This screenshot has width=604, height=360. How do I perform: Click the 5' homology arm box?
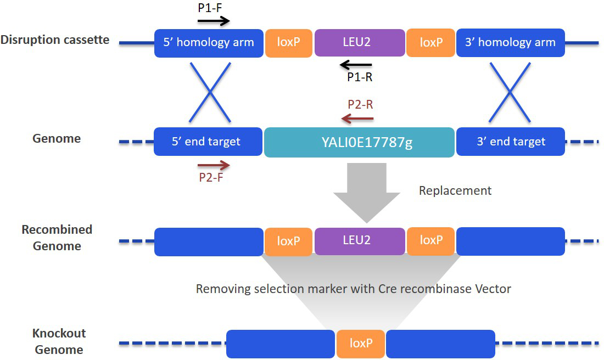209,43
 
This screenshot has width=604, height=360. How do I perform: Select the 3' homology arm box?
510,43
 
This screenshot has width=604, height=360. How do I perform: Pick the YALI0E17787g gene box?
359,143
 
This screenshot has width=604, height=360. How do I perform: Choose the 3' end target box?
510,142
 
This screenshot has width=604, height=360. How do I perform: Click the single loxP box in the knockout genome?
361,344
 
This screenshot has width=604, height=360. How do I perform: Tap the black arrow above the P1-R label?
356,65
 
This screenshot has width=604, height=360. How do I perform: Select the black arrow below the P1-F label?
214,21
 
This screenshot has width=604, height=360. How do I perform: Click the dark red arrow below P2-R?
357,118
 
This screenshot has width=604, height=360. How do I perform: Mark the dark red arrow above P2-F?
214,164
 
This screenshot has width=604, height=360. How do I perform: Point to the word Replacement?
455,191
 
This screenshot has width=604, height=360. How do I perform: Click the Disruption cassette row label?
55,40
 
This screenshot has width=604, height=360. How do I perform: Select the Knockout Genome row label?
59,341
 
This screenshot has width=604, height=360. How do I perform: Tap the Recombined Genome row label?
57,238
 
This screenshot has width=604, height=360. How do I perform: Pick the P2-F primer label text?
211,177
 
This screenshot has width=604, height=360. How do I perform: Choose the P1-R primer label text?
360,78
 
